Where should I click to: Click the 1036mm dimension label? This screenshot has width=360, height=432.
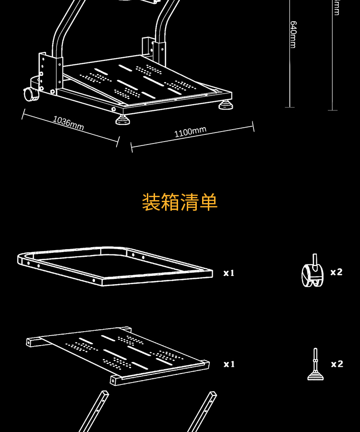[x=68, y=123]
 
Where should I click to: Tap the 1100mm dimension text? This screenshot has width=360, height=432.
[x=191, y=131]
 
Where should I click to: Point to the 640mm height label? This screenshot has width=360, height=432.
[x=292, y=34]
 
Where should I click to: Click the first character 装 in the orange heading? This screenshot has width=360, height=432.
[x=151, y=202]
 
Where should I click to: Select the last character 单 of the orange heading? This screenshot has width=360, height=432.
[x=208, y=202]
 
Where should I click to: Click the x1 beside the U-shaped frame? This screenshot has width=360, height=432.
[x=229, y=273]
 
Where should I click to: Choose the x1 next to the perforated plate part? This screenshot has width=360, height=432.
[x=229, y=364]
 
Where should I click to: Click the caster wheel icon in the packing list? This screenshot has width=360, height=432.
[x=312, y=274]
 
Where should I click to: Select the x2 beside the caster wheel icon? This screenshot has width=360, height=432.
[x=336, y=272]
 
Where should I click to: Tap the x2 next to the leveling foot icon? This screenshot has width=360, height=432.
[x=337, y=364]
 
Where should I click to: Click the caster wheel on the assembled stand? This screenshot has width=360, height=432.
[x=31, y=94]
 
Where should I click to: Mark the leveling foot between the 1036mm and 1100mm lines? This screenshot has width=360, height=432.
[x=123, y=118]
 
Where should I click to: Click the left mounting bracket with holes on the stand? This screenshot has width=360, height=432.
[x=43, y=72]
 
